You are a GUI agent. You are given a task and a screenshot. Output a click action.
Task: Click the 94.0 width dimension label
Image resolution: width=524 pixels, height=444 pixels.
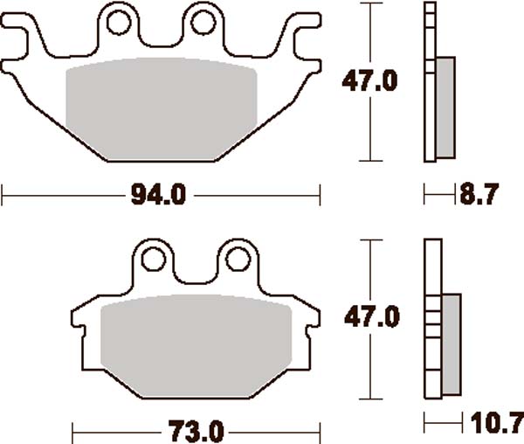coord(160,194)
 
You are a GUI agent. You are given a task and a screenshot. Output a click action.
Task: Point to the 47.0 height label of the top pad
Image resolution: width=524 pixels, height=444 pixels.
coord(369,82)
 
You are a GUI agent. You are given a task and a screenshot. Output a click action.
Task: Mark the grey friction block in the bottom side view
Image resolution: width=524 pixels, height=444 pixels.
coord(451,343)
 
